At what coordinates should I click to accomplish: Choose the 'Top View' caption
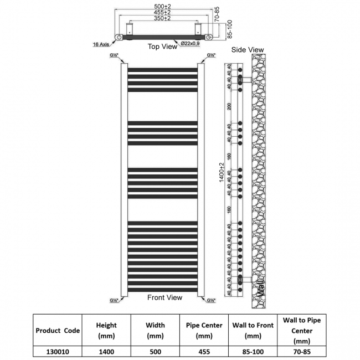[162, 47]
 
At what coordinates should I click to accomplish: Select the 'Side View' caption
[247, 50]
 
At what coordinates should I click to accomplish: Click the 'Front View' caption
[164, 297]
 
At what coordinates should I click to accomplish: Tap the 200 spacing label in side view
[229, 106]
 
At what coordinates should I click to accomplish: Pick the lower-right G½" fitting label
[211, 301]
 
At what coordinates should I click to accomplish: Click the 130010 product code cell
[58, 351]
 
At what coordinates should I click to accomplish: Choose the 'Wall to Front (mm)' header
[253, 331]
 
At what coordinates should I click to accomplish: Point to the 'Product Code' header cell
[58, 331]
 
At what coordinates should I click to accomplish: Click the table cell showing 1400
[106, 351]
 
